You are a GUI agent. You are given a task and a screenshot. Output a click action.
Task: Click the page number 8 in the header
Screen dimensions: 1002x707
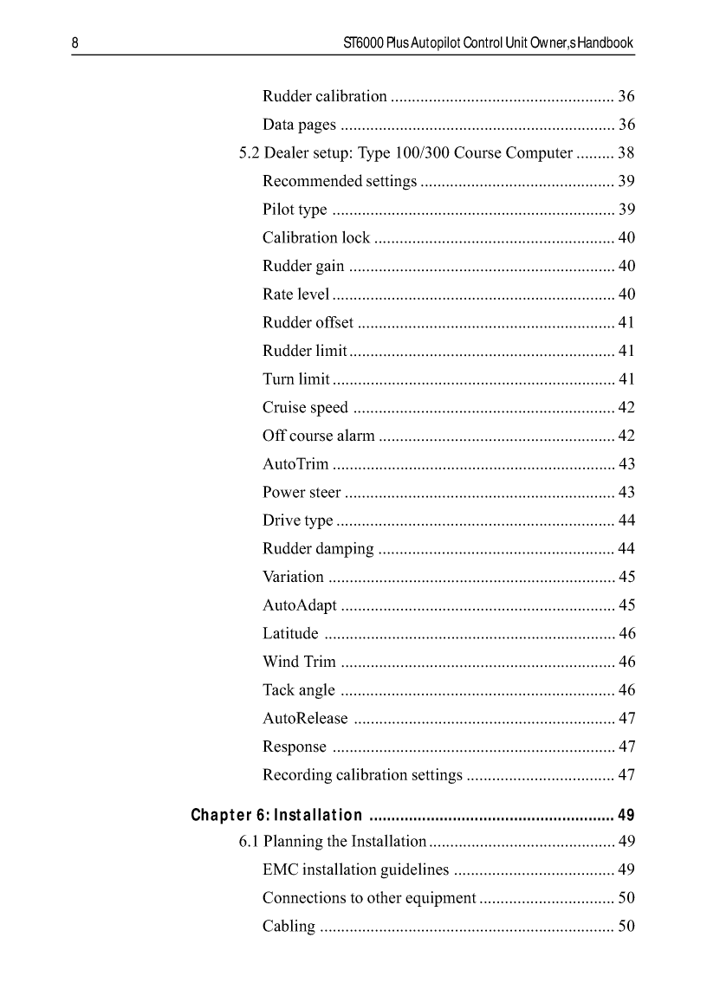[75, 42]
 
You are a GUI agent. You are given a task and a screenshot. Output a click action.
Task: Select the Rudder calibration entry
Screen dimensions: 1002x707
[325, 96]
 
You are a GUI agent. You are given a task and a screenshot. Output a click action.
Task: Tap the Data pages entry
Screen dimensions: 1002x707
[300, 125]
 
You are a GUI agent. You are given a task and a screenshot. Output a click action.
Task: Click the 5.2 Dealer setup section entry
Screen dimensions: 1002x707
[405, 153]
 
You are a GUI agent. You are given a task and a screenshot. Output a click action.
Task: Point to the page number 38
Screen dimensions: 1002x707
[626, 153]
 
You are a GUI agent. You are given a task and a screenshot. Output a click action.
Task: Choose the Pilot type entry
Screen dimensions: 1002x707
[295, 210]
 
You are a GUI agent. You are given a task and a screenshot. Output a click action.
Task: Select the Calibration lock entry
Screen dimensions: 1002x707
[316, 237]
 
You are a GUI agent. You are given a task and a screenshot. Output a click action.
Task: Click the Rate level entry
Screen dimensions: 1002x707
[295, 294]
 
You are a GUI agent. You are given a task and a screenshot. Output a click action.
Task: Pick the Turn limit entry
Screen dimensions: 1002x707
[295, 379]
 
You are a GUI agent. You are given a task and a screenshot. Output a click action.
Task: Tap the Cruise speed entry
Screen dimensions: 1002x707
[305, 407]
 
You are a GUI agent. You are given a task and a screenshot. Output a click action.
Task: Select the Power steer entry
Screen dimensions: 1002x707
[302, 492]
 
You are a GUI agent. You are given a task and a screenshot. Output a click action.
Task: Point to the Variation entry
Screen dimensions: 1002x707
[293, 577]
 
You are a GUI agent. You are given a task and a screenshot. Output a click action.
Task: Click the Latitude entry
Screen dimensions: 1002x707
[290, 634]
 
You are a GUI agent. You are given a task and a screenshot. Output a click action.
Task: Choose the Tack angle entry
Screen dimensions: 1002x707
[298, 690]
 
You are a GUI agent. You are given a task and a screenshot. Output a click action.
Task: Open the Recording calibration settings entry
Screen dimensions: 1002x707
[362, 775]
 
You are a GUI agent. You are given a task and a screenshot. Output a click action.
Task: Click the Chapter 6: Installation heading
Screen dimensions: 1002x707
[276, 815]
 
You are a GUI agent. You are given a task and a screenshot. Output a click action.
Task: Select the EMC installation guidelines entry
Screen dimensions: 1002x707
[356, 869]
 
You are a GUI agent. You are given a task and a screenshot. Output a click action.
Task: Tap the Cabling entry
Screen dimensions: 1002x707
[289, 927]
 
